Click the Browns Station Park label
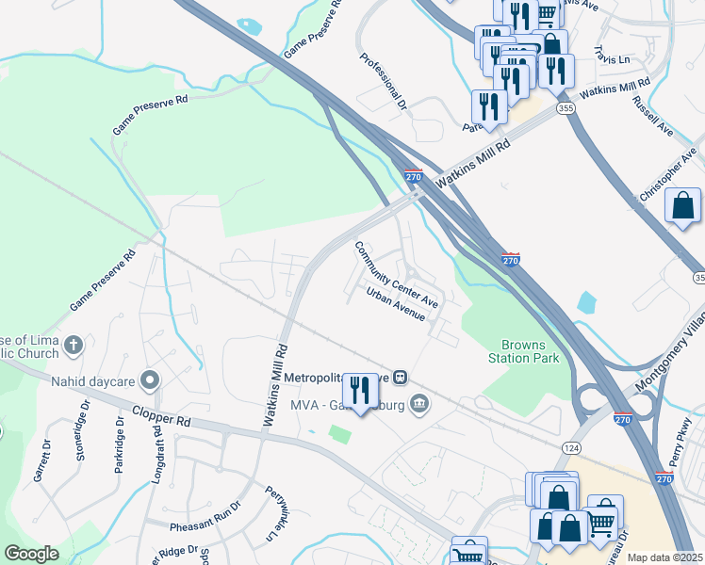523,351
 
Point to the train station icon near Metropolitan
401,378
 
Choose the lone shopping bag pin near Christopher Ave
682,206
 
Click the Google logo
31,554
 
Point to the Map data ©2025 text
664,557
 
